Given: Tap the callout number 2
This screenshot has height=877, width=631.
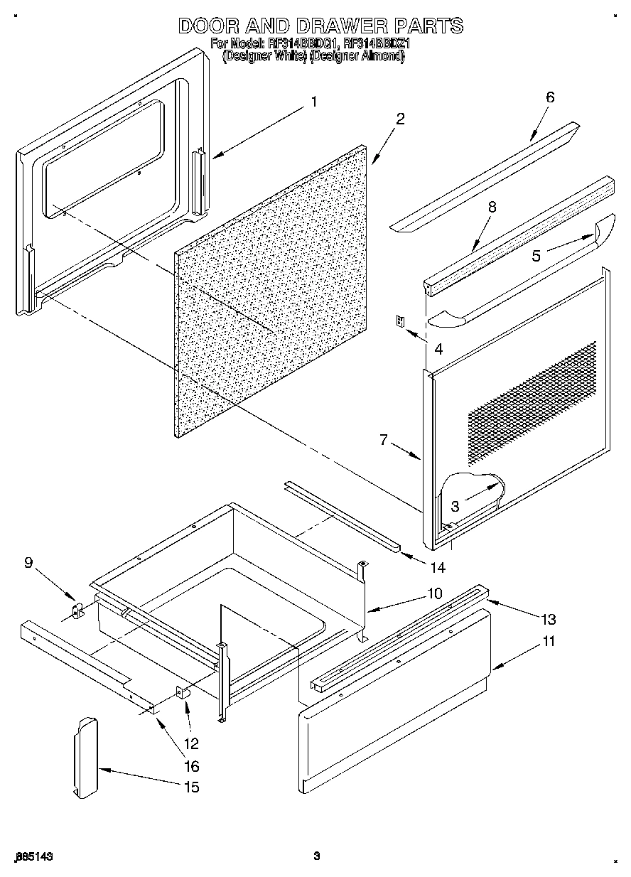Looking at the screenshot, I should (401, 119).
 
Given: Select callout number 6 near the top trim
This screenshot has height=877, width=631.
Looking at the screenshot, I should (549, 97).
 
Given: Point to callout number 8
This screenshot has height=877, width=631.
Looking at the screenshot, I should (492, 207).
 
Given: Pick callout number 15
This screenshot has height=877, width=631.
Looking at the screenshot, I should (191, 787).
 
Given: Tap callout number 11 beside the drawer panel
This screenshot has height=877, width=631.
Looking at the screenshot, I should (549, 641).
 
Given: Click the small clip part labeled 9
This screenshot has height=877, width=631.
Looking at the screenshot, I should (77, 610).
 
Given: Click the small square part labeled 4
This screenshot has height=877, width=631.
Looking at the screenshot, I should (400, 321).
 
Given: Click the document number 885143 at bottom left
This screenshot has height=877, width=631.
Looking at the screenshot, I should (34, 856).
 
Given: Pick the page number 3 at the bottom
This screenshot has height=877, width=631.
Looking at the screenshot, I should (317, 856).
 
